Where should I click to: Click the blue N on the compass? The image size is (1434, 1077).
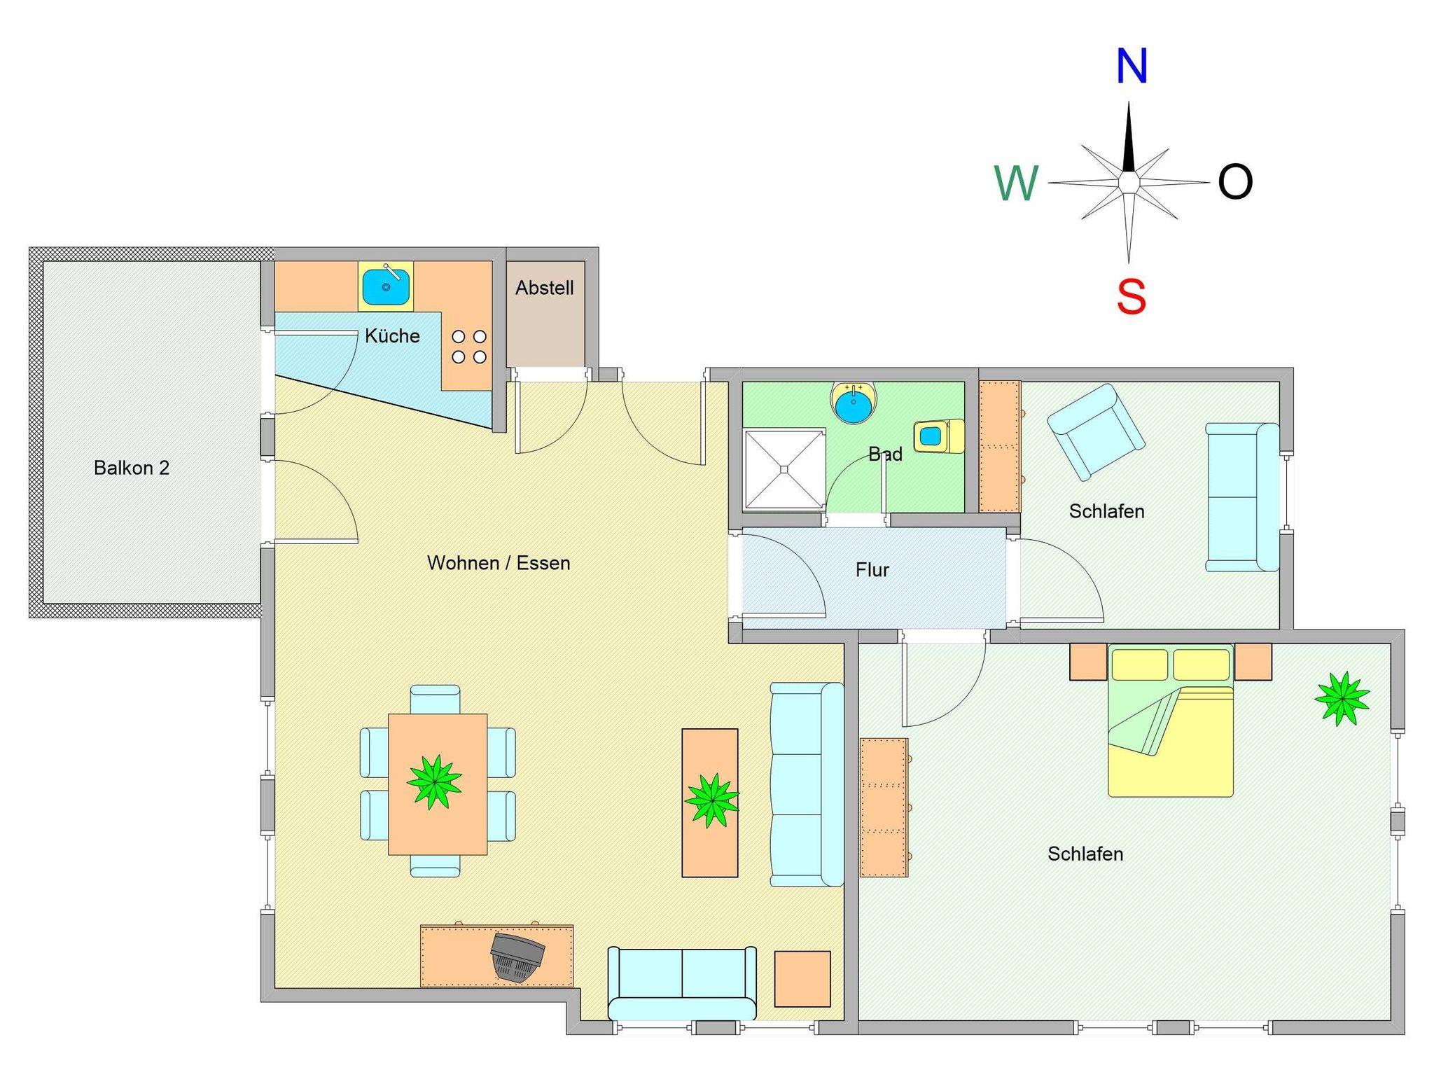click(x=1132, y=67)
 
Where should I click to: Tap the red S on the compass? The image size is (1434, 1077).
click(x=1132, y=296)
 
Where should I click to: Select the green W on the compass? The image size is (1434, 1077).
click(x=1016, y=183)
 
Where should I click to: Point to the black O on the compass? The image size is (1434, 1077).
click(x=1235, y=182)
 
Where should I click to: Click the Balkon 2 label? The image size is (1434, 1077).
click(x=132, y=468)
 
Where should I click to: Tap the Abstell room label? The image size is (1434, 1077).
click(x=545, y=288)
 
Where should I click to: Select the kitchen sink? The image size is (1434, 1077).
click(x=386, y=286)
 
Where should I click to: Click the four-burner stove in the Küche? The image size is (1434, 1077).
click(x=469, y=347)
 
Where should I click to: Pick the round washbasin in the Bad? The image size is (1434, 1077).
click(x=853, y=403)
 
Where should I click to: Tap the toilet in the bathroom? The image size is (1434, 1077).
click(x=938, y=436)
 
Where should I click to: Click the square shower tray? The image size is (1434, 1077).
click(x=785, y=469)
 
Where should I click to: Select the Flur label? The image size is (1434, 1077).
click(x=872, y=570)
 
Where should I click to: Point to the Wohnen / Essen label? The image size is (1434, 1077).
click(x=499, y=563)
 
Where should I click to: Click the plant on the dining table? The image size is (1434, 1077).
click(x=435, y=781)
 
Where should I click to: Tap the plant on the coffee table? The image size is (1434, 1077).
click(x=711, y=800)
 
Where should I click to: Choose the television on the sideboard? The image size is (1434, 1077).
click(x=517, y=957)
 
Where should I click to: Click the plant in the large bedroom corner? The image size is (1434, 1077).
click(x=1342, y=698)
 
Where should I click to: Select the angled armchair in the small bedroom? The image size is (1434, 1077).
click(x=1096, y=431)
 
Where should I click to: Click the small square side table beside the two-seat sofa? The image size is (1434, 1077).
click(x=802, y=979)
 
